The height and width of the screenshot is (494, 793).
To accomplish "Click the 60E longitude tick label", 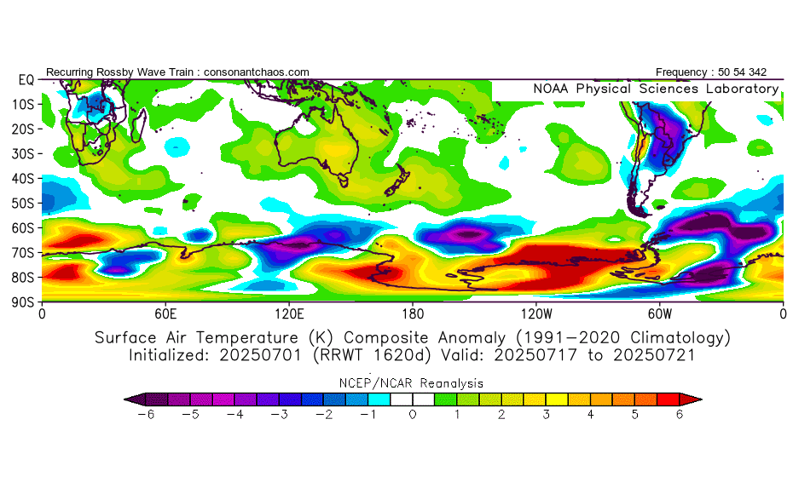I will point(165,313).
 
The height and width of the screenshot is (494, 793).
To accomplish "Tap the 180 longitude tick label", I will point(413,313).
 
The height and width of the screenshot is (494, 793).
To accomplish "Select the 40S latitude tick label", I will point(26,178).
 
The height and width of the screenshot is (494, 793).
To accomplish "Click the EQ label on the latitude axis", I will point(26,79).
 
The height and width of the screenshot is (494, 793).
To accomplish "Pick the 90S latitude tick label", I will point(26,302).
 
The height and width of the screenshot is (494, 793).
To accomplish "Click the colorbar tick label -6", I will point(147,414).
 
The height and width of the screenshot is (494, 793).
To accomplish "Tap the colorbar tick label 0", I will point(413,414).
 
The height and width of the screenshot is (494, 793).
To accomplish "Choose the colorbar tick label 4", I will point(590,414).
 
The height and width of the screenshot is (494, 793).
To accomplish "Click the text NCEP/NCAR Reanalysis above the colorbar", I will point(413,383).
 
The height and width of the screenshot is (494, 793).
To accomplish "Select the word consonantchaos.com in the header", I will point(257,72).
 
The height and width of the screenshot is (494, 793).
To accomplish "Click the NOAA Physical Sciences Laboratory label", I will point(656,89).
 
